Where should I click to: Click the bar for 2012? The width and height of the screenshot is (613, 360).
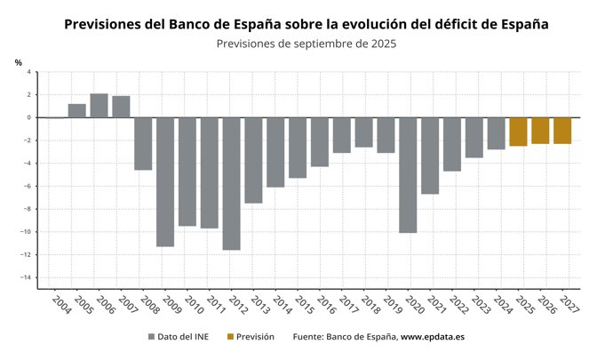231,183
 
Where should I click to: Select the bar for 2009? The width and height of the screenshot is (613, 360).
165,181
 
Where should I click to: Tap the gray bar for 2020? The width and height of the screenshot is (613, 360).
408,174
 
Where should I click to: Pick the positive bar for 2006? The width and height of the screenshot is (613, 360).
99,105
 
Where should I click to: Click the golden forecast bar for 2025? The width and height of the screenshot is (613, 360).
518,132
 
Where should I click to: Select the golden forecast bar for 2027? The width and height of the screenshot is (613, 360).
562,131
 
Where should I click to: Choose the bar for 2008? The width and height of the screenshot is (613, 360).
143,143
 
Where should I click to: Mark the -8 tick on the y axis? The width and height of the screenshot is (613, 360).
28,210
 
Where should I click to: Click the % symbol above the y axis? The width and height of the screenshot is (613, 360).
19,61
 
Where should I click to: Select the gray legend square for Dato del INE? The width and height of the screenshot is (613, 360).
151,338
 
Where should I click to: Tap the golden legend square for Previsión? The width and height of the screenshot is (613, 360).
231,338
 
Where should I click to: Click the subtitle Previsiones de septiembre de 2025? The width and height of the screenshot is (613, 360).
306,43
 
